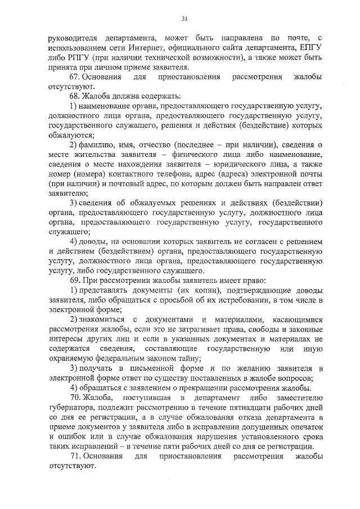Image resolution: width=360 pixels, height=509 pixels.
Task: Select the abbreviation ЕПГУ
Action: [x=308, y=47]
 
